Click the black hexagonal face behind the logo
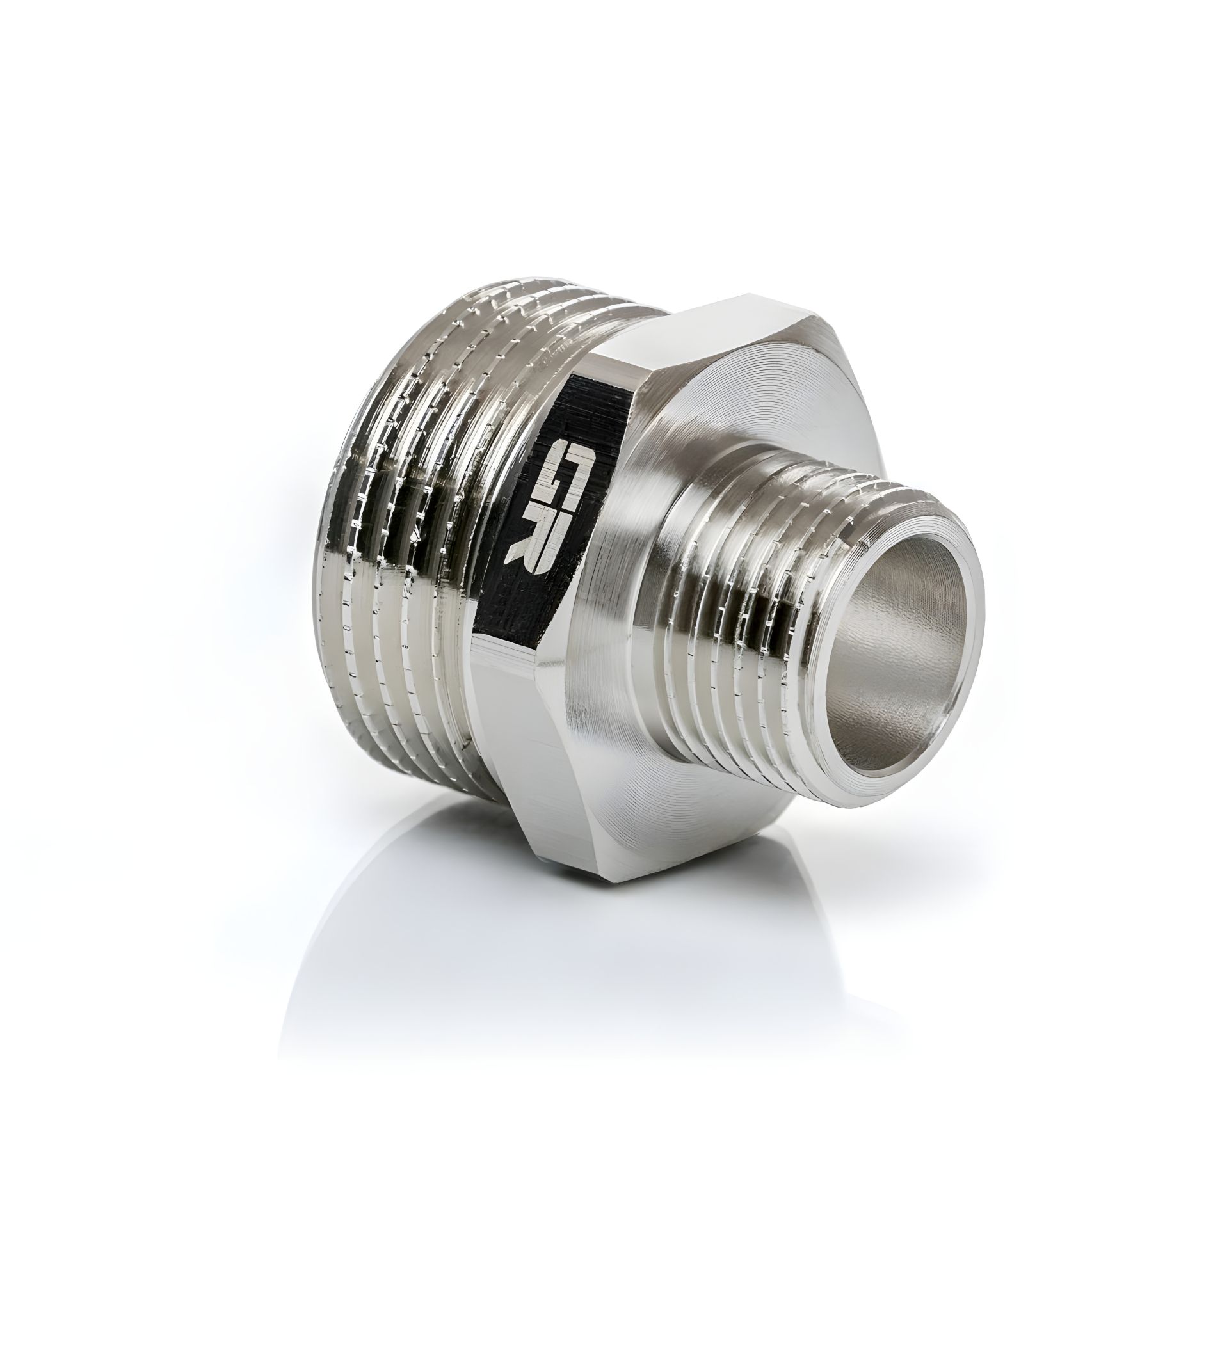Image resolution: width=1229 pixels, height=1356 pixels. click(538, 592)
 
